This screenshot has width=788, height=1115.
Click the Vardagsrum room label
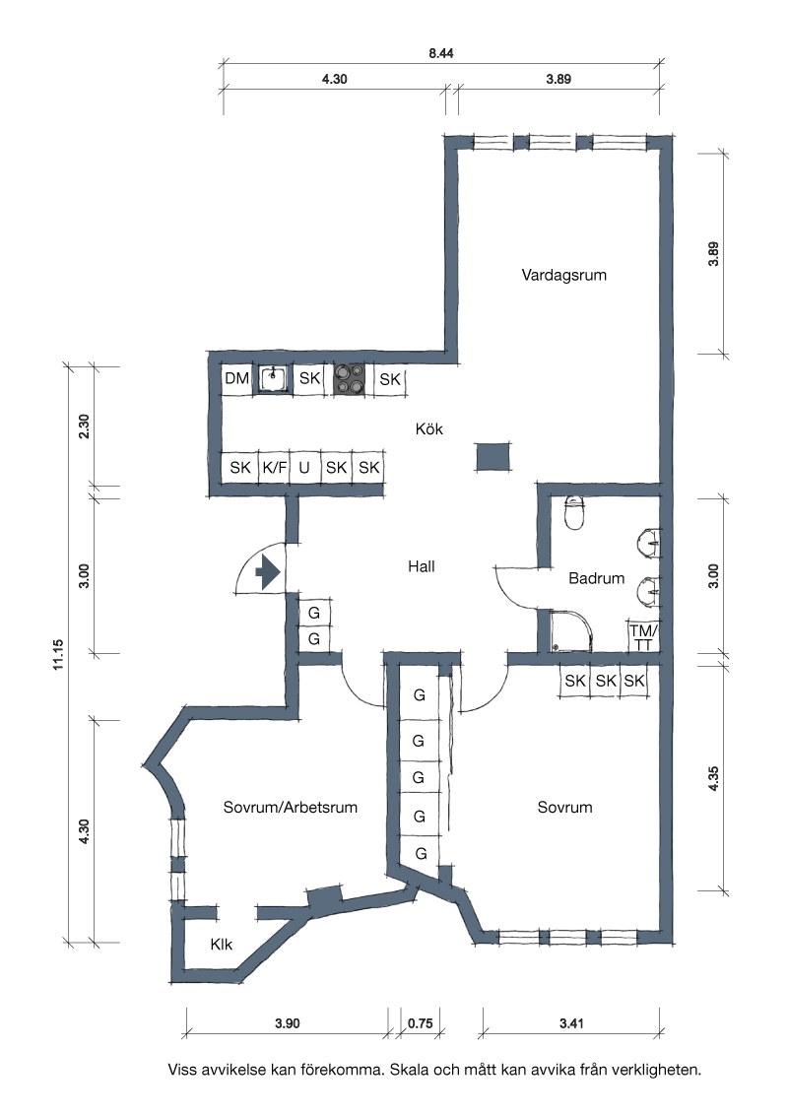[x=564, y=275]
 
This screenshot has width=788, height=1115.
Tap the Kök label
[x=428, y=428]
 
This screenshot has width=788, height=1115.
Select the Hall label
[x=421, y=566]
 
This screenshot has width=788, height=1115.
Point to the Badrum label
[x=596, y=578]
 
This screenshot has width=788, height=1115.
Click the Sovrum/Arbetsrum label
[x=291, y=807]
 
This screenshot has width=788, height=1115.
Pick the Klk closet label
[x=222, y=945]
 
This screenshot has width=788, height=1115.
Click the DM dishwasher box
[x=236, y=378]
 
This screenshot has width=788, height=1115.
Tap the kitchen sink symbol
[x=273, y=378]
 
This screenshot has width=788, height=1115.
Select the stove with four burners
[x=350, y=379]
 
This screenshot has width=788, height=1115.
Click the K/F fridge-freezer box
[x=275, y=467]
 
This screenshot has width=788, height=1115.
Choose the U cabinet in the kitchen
[x=304, y=467]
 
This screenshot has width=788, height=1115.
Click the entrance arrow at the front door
[x=267, y=571]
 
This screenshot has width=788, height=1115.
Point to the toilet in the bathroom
[x=574, y=513]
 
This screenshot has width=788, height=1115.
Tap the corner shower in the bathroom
[x=571, y=630]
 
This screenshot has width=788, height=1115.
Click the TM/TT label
[x=643, y=638]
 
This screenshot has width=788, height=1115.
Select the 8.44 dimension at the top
[x=441, y=53]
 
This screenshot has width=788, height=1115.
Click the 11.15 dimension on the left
[x=58, y=654]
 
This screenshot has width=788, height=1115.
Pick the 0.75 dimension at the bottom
[x=421, y=1023]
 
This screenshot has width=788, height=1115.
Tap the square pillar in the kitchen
[x=492, y=456]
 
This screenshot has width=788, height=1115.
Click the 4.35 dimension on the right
[x=713, y=778]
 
